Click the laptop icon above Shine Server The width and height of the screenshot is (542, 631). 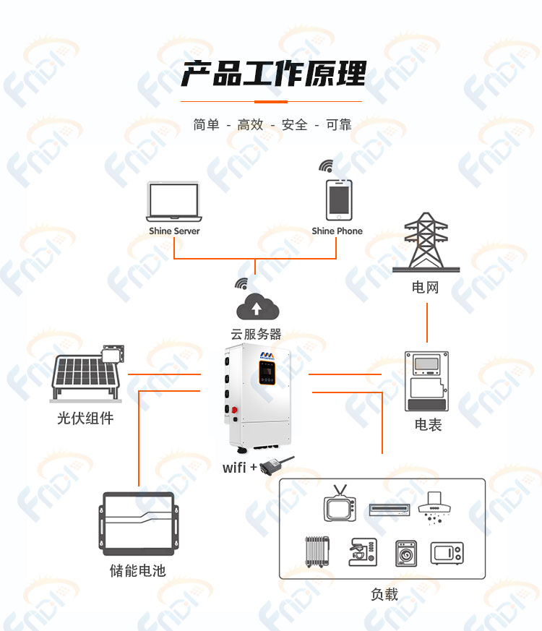(174, 202)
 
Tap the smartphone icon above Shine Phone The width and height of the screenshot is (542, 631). (339, 200)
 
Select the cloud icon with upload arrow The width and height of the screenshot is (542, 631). (257, 307)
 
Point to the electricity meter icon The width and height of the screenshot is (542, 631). (426, 381)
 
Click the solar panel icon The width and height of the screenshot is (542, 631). (87, 374)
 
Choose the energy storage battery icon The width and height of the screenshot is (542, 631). (138, 523)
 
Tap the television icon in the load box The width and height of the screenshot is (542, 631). (340, 504)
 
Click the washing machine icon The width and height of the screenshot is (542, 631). (406, 554)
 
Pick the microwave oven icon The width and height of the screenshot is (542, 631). (447, 554)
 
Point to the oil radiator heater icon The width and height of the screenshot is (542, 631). (317, 551)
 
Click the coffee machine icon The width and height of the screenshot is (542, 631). (363, 552)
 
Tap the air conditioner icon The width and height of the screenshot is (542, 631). (390, 510)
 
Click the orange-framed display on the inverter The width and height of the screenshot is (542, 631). (267, 373)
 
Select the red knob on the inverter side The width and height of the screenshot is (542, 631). (234, 411)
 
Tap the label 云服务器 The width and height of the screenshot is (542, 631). (256, 334)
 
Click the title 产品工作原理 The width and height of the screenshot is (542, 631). (274, 74)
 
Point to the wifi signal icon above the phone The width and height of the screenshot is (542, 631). (327, 166)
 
